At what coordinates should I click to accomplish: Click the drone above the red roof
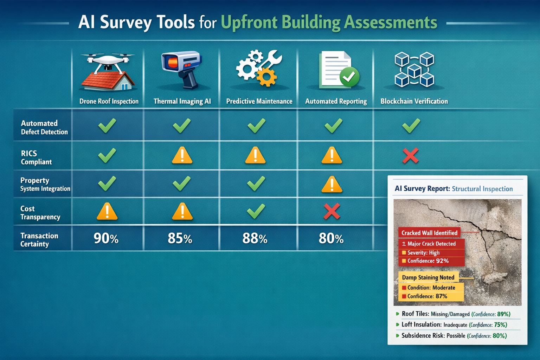108,60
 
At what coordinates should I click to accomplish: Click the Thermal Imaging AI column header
182,101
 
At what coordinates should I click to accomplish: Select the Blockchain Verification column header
414,101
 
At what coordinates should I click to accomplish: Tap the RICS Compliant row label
36,157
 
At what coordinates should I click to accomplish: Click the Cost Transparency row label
40,213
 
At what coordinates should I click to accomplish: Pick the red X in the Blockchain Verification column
410,155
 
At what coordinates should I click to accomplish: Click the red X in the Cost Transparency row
332,211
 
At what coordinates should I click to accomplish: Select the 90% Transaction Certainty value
106,238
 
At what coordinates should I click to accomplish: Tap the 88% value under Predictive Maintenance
255,238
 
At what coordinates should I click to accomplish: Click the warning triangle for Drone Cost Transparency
107,212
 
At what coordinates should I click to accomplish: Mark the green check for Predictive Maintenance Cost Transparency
256,211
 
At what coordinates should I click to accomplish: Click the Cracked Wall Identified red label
429,233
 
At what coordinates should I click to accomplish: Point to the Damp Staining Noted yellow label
428,277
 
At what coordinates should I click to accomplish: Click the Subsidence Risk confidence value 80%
499,336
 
